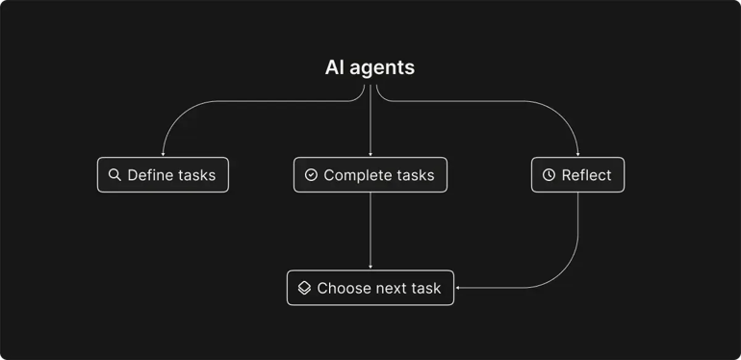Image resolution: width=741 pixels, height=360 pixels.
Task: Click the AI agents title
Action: [x=370, y=68]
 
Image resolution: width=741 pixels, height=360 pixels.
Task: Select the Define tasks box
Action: [x=163, y=175]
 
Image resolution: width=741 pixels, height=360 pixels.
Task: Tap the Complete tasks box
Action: [x=370, y=175]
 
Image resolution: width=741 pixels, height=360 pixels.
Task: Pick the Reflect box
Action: [x=577, y=175]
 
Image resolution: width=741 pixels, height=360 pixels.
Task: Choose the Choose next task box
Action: [x=370, y=288]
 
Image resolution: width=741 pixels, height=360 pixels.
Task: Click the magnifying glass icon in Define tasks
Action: [x=115, y=175]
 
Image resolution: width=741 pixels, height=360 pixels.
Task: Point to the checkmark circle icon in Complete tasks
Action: [x=311, y=175]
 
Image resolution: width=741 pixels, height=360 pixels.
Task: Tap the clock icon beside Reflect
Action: [x=549, y=175]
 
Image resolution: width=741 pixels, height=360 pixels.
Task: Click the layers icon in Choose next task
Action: [x=304, y=288]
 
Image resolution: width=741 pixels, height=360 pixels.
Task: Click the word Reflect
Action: [x=586, y=175]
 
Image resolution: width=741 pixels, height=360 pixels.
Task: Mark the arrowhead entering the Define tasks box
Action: [x=163, y=154]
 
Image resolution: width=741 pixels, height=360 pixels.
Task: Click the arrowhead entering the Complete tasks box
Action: [x=370, y=154]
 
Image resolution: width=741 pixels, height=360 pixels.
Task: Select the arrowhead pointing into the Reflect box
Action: [x=577, y=154]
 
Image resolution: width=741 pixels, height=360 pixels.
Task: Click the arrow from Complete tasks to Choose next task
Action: [x=370, y=231]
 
